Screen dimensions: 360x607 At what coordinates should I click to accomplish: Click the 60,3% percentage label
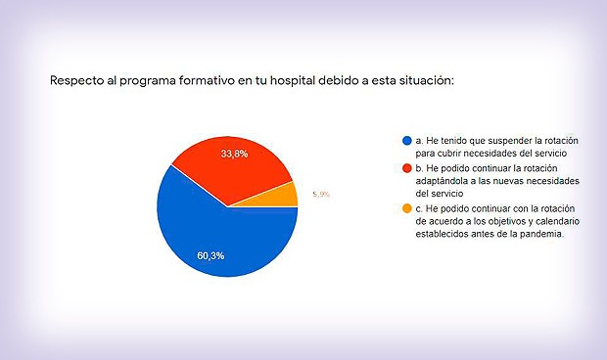[x=209, y=256]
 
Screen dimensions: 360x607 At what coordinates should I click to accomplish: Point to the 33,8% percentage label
[x=233, y=154]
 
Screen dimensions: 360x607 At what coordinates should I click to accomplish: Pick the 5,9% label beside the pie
[x=320, y=195]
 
